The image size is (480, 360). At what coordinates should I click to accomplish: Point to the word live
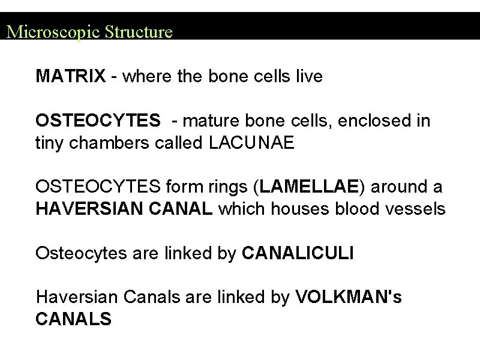click(x=308, y=77)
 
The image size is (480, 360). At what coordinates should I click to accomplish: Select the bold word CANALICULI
click(x=298, y=253)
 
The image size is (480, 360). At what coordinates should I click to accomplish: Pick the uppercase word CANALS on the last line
click(x=73, y=319)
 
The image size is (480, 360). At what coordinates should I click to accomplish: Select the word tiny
click(x=50, y=144)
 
